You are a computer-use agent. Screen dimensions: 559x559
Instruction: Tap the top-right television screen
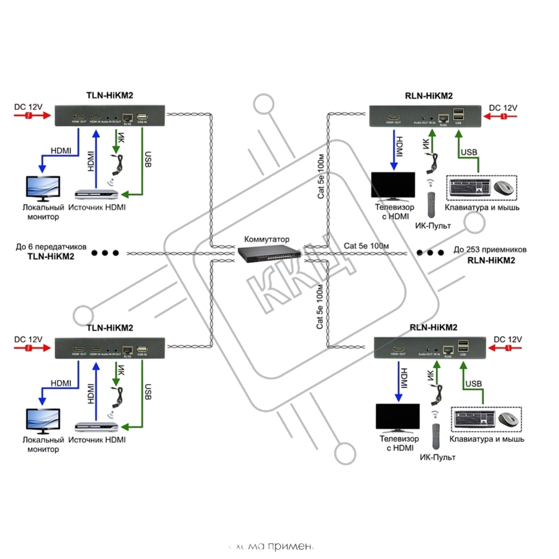click(x=393, y=184)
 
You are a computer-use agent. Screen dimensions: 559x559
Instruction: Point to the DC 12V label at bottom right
click(x=508, y=340)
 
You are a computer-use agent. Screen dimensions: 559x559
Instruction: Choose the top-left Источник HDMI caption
click(x=97, y=207)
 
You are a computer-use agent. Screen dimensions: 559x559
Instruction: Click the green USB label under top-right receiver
click(x=468, y=153)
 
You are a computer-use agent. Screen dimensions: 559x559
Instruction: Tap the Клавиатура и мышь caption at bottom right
click(x=488, y=439)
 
